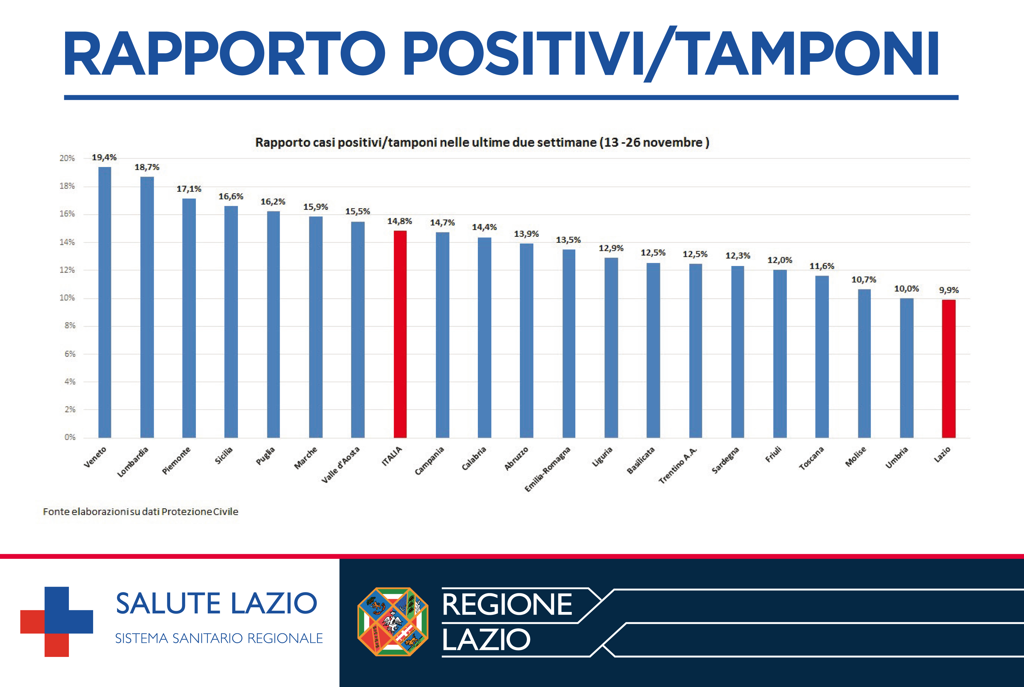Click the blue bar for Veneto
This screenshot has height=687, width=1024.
105,302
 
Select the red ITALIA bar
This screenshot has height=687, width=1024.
400,334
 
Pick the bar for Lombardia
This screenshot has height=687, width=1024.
147,307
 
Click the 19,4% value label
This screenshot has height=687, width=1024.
104,157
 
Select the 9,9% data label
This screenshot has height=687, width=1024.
949,290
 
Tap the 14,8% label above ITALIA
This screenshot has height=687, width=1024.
399,221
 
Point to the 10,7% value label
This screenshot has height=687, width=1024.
864,279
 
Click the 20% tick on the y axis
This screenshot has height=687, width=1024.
67,158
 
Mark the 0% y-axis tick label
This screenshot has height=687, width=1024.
70,437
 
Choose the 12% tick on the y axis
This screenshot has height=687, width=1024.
67,270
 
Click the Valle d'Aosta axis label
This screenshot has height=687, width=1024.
340,465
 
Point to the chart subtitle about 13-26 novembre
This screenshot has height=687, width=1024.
482,142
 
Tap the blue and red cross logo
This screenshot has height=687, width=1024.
57,621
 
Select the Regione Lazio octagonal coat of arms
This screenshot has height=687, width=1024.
393,621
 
